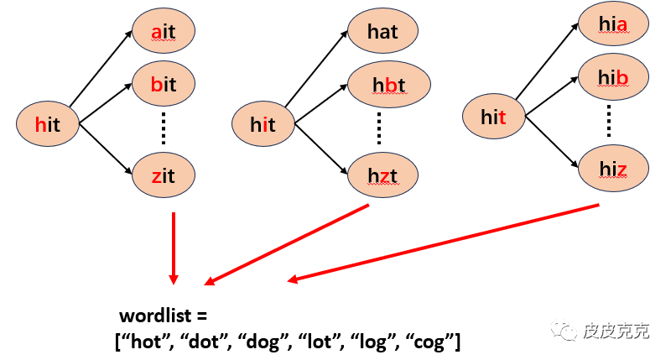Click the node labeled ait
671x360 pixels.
point(164,32)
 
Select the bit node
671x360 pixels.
point(164,84)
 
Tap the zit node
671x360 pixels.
point(164,175)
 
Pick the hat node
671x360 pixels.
point(382,33)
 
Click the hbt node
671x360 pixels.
point(388,84)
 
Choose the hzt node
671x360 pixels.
point(382,175)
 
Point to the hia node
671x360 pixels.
point(613,27)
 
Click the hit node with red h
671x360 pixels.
point(48,124)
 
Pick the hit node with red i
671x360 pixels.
point(263,124)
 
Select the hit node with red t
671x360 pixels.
point(494,117)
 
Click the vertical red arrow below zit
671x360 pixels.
point(173,248)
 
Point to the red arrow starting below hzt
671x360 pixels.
point(289,244)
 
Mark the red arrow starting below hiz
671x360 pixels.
point(445,243)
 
